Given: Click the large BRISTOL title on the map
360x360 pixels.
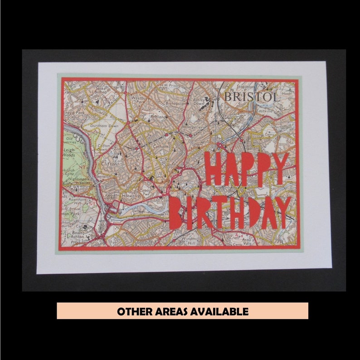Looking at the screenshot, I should click(251, 97).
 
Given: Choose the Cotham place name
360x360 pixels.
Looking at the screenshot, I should click(160, 146).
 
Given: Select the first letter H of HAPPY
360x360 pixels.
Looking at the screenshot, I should click(213, 169).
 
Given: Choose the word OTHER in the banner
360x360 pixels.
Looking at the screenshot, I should click(132, 311).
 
